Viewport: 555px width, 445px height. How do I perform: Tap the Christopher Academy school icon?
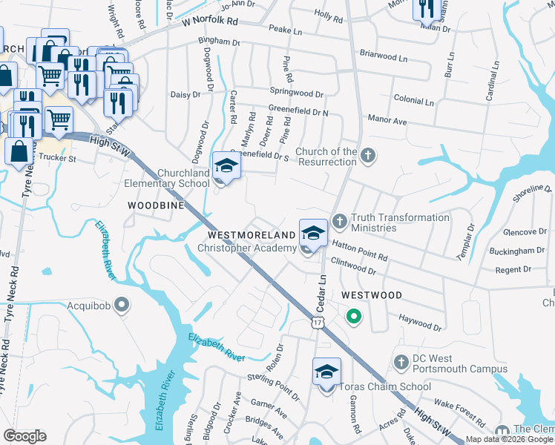point(313,234)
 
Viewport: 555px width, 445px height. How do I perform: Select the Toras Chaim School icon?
point(326,372)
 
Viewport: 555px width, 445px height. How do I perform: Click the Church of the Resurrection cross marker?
point(369,156)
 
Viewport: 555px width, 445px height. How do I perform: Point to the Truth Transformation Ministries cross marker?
point(339,221)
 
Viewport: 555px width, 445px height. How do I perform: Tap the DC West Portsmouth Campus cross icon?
point(401,363)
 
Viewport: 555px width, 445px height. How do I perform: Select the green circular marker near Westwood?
point(354,318)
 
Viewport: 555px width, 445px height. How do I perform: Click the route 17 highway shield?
point(318,323)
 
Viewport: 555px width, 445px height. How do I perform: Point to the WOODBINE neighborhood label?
point(156,205)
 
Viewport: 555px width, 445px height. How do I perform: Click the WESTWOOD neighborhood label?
point(372,295)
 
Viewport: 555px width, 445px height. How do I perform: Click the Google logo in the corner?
point(24,436)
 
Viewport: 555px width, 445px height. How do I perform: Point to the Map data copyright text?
point(509,439)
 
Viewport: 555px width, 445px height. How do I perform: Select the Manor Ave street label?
point(388,120)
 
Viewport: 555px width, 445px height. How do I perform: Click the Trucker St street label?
point(57,158)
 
